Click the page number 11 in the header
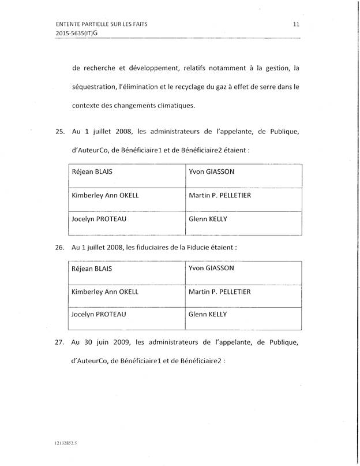[x=295, y=24]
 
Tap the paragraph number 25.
[x=59, y=132]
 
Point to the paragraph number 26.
[x=59, y=247]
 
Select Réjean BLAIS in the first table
[x=91, y=172]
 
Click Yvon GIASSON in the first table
[x=211, y=172]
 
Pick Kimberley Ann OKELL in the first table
[x=104, y=196]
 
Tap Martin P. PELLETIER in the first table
[x=220, y=196]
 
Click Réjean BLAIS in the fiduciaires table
[x=91, y=269]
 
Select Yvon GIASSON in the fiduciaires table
[x=211, y=269]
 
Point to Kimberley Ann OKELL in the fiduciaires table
[x=104, y=292]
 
